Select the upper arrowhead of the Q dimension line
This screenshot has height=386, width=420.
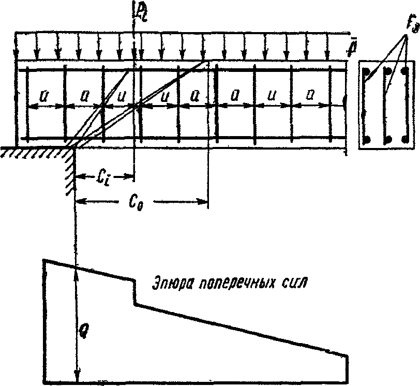[76, 270]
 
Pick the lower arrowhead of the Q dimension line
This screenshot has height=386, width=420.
[76, 380]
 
